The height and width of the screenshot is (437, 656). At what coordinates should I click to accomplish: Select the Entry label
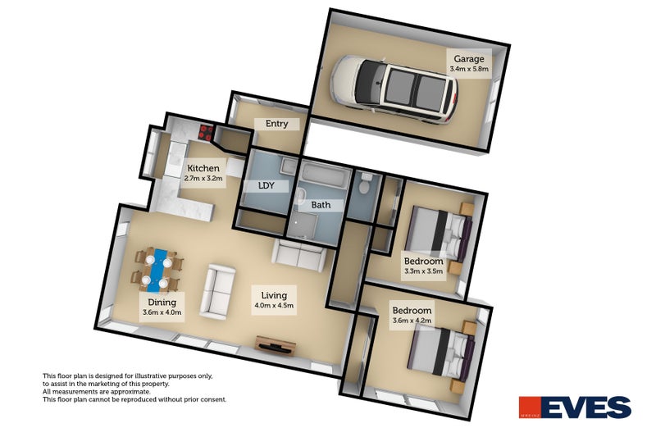point(276,124)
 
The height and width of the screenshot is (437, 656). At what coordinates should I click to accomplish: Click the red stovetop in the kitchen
point(206,133)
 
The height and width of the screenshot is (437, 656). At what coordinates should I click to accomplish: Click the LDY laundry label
point(266,185)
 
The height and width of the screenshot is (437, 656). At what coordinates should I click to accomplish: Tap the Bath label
point(321,205)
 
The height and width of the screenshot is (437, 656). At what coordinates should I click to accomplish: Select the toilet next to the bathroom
point(364,182)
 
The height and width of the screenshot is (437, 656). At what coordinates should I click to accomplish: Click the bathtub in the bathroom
point(326,175)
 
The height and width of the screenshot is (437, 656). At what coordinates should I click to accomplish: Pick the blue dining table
point(157,271)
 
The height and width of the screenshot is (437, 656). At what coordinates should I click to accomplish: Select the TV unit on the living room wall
point(276,344)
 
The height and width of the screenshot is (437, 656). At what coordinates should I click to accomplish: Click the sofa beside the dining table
point(217,292)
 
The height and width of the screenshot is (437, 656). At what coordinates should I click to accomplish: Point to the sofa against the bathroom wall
point(298,255)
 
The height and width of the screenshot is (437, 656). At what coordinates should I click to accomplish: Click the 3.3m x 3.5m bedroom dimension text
point(423,271)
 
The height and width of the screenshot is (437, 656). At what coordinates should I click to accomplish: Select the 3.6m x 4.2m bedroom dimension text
point(412,321)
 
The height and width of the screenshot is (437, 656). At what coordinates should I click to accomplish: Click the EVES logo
point(575,407)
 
